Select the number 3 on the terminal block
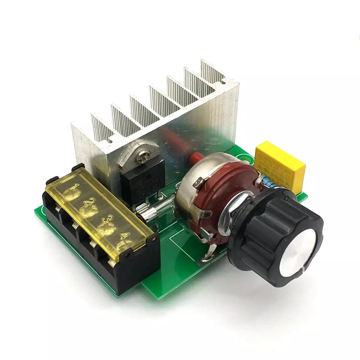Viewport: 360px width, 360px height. coord(109,219)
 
